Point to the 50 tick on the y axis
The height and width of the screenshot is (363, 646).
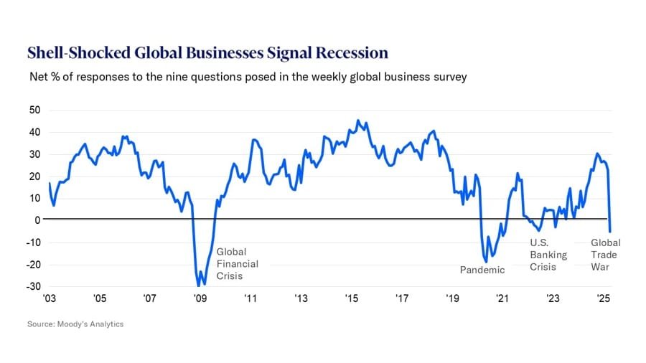(34, 110)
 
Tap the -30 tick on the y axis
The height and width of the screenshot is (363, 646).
(33, 286)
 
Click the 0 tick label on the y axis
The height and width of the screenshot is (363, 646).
(37, 220)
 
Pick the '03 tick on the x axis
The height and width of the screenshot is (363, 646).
(49, 298)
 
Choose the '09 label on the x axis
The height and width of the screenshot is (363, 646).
(200, 298)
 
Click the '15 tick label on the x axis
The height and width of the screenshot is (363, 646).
(351, 298)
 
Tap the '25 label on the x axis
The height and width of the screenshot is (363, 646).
(603, 298)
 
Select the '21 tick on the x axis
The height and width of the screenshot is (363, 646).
(502, 298)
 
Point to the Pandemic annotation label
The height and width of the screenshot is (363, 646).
(482, 270)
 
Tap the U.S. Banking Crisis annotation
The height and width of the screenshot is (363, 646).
(548, 255)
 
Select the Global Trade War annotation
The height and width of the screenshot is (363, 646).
(605, 255)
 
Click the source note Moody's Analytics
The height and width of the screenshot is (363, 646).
(75, 324)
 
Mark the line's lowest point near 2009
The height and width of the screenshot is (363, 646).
(199, 286)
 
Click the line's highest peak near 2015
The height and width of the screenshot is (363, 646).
(358, 121)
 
